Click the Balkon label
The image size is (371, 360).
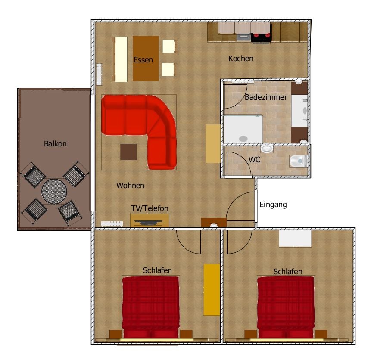click(x=55, y=143)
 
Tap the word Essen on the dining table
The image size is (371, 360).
click(x=143, y=59)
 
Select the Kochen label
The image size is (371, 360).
click(x=240, y=59)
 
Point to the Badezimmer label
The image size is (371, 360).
click(x=266, y=97)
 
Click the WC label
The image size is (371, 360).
click(x=254, y=160)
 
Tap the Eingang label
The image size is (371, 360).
click(x=273, y=205)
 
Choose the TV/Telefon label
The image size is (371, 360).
click(x=150, y=208)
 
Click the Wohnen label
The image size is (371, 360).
click(x=130, y=186)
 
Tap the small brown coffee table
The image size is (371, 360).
click(x=128, y=152)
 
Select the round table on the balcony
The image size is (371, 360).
click(x=54, y=191)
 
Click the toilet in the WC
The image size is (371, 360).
click(x=298, y=161)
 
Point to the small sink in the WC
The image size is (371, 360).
click(x=267, y=149)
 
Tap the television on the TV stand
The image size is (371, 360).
click(x=148, y=222)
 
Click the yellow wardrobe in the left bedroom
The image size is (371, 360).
click(x=212, y=289)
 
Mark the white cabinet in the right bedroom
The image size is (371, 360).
click(x=295, y=239)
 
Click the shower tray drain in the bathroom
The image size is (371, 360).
click(x=243, y=139)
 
